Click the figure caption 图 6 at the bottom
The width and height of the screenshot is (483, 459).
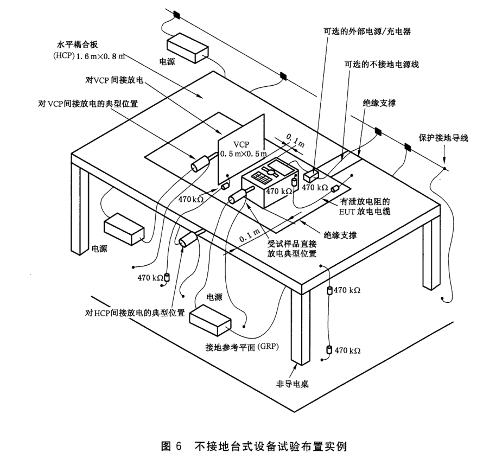tap(172, 446)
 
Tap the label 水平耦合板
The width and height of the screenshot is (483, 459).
tap(77, 44)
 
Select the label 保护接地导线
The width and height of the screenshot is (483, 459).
tap(443, 138)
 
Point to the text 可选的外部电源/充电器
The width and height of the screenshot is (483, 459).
tap(367, 31)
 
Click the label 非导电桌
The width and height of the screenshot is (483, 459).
tap(292, 384)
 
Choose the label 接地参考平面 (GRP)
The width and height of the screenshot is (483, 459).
tap(242, 347)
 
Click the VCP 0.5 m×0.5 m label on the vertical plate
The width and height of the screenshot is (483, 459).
tap(243, 149)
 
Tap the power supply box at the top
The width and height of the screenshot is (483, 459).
tap(188, 48)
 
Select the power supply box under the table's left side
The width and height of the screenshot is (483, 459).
tap(124, 229)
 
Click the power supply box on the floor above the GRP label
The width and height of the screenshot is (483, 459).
tap(210, 321)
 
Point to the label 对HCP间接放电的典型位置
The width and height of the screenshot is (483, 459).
tap(135, 313)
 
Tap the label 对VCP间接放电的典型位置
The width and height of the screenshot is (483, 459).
tap(88, 104)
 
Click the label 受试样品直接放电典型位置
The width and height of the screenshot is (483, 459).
tap(291, 248)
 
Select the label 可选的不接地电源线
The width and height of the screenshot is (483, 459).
tap(382, 65)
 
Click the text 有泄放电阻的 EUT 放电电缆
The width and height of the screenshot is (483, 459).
tap(365, 206)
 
